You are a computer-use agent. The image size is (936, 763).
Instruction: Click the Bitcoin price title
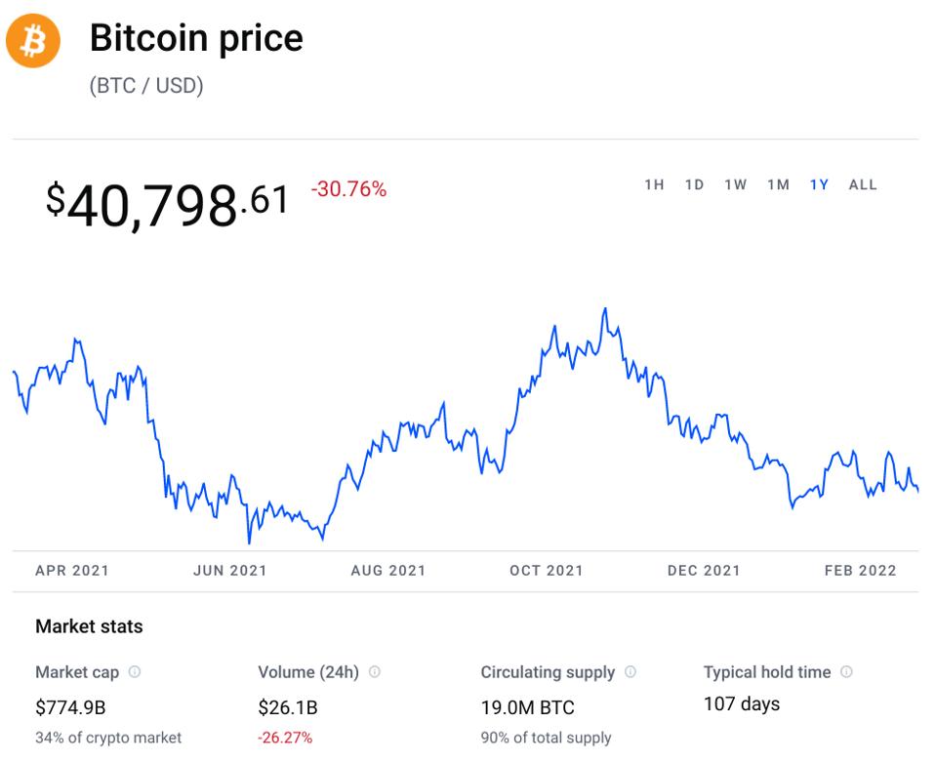click(196, 38)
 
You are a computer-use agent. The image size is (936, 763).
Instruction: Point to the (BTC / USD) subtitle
click(146, 86)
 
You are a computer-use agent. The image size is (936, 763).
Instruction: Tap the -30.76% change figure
click(348, 189)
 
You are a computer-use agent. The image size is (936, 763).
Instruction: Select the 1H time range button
click(654, 184)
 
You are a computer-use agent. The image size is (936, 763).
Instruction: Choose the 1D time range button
click(694, 184)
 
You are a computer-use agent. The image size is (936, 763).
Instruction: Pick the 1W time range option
click(735, 184)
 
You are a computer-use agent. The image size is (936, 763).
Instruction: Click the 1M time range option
click(778, 184)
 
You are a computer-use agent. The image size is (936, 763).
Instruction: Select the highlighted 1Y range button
click(819, 184)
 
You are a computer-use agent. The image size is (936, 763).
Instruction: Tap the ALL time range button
click(863, 184)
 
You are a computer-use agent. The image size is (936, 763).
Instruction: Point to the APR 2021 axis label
click(72, 571)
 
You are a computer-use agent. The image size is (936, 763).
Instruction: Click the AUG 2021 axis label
click(388, 571)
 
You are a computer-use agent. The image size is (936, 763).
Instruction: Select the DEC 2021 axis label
click(704, 571)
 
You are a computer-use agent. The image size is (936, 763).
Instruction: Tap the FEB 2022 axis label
click(860, 571)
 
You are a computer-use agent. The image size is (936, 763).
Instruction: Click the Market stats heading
click(89, 626)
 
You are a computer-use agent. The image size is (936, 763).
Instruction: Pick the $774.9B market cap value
click(70, 706)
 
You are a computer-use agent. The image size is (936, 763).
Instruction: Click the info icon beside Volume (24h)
click(375, 672)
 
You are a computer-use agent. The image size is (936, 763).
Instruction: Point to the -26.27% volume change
click(285, 738)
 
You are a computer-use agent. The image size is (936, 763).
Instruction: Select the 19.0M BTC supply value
click(527, 707)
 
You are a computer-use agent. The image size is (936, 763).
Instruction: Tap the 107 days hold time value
click(742, 703)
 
